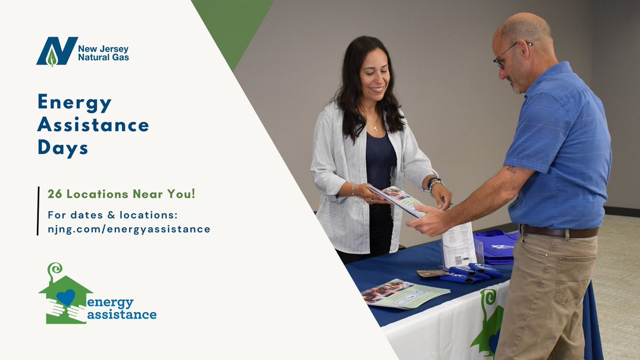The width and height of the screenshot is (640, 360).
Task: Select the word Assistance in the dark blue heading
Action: pos(93,125)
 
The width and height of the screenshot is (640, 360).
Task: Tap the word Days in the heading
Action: pos(62,148)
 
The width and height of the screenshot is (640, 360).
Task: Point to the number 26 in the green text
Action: pos(54,194)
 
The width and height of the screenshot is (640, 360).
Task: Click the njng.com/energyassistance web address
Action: pos(129,229)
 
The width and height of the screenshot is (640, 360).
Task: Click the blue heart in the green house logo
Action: pos(66,297)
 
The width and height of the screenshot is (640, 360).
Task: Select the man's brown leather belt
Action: pos(558,232)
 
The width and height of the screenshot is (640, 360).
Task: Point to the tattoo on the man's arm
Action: pos(511,170)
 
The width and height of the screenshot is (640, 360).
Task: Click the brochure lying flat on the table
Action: pos(405,293)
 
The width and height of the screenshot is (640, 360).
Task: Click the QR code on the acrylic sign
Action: pos(458,261)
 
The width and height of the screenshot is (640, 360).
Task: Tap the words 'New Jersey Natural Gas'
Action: pos(103,52)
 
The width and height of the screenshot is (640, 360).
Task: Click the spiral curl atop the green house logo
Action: pos(54,269)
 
